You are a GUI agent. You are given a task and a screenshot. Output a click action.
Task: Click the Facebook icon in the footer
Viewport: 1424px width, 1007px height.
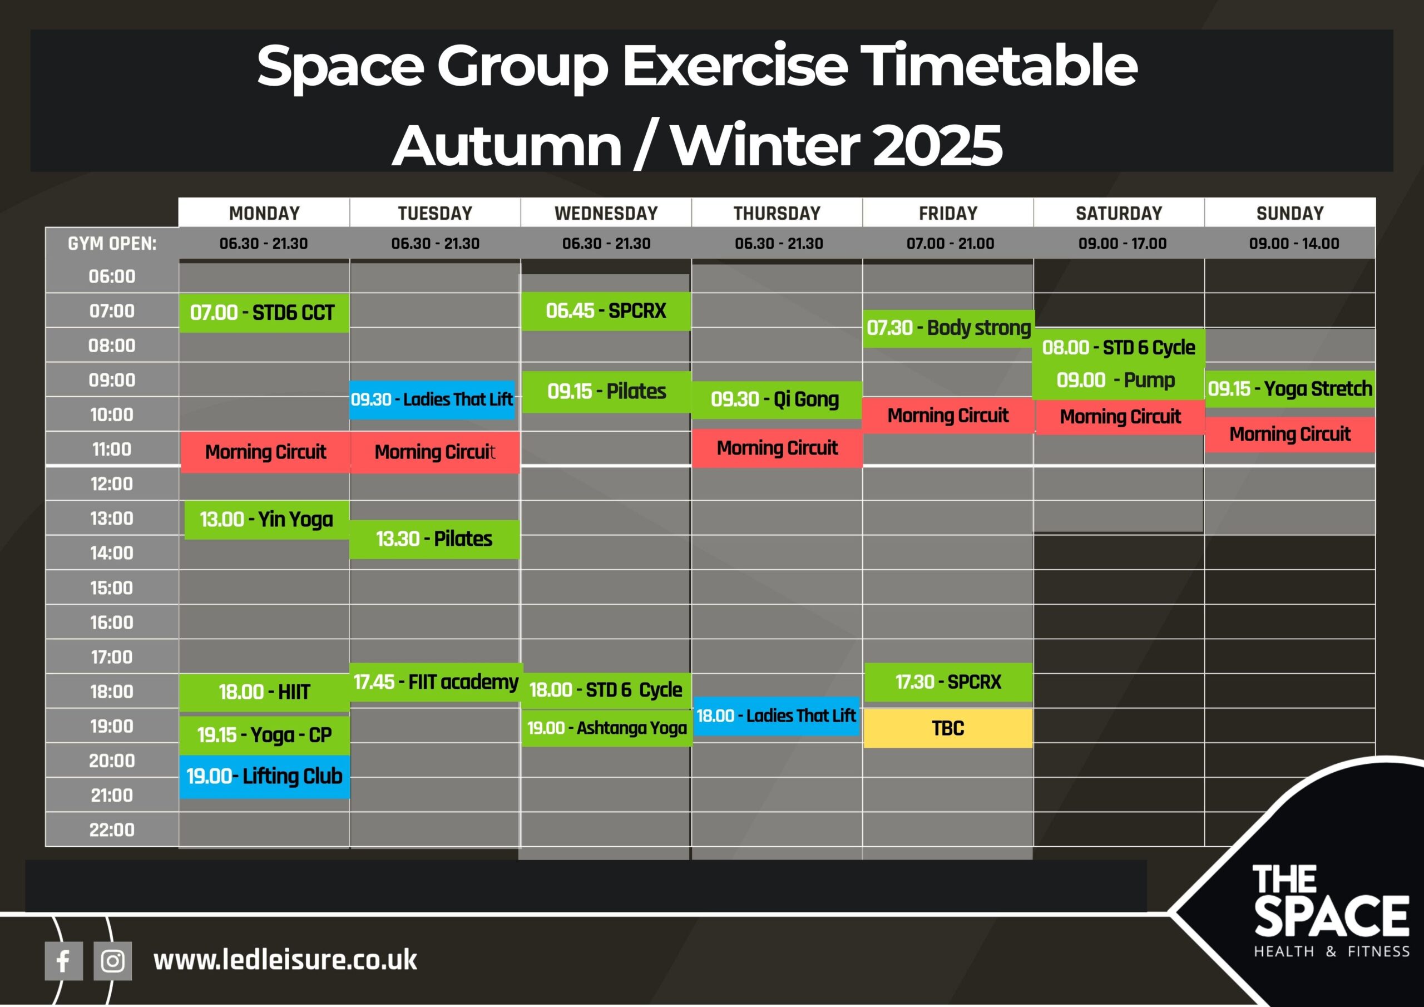(x=63, y=961)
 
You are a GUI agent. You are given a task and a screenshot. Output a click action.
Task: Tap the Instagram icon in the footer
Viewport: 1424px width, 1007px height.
(x=112, y=961)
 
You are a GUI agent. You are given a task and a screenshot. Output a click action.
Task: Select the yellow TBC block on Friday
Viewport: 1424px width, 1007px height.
(x=948, y=728)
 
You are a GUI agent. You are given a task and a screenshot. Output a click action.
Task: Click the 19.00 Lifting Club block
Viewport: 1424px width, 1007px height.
(x=264, y=776)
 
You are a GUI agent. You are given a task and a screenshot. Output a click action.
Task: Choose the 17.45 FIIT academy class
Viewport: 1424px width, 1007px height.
(x=436, y=683)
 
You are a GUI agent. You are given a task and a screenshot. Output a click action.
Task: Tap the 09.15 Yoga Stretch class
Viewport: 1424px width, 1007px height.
(x=1290, y=389)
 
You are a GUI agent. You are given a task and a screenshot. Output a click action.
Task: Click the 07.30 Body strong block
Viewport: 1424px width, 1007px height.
(x=948, y=328)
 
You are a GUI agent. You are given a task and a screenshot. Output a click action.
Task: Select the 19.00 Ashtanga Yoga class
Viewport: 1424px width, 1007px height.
(x=606, y=728)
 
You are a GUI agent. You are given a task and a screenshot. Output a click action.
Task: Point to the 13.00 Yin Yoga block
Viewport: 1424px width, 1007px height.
(x=266, y=519)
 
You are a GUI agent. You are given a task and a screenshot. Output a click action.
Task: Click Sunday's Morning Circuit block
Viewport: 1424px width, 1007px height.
(x=1290, y=435)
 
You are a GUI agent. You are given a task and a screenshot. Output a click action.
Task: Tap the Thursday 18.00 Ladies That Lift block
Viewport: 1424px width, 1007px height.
(x=776, y=716)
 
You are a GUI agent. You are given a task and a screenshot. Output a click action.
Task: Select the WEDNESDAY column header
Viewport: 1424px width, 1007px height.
(x=606, y=214)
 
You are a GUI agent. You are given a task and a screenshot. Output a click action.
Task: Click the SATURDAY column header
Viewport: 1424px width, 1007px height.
(x=1119, y=214)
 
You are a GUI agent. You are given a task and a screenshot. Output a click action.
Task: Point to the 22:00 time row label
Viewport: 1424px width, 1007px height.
(x=112, y=830)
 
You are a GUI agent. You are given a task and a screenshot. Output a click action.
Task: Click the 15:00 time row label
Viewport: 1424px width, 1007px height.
(x=112, y=588)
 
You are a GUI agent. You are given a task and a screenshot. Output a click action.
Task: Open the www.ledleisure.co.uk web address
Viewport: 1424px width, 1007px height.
(x=285, y=960)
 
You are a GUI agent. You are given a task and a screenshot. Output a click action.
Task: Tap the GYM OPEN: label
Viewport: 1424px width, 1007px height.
(x=112, y=244)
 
